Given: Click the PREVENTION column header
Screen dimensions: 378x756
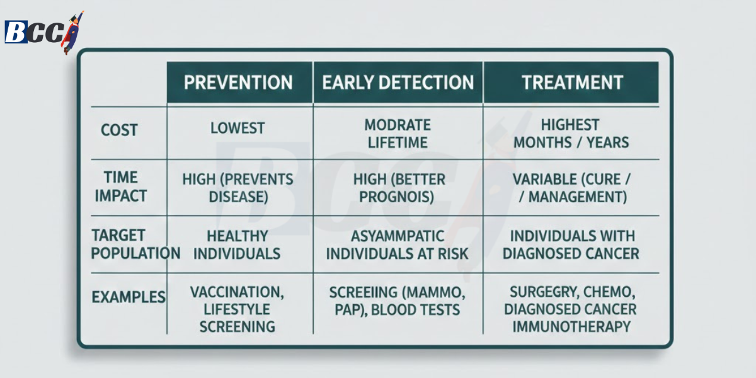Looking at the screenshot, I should pyautogui.click(x=238, y=83).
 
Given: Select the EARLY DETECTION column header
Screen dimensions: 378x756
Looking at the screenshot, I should pyautogui.click(x=398, y=83).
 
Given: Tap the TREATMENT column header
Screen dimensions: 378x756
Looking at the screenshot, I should pyautogui.click(x=572, y=83).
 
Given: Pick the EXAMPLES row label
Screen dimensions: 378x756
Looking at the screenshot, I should pyautogui.click(x=129, y=297).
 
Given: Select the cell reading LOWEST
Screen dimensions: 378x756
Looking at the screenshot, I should pyautogui.click(x=238, y=129).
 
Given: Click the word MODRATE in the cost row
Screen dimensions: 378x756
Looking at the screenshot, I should pyautogui.click(x=398, y=125).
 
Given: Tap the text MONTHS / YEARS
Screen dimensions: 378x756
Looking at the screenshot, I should pyautogui.click(x=571, y=142).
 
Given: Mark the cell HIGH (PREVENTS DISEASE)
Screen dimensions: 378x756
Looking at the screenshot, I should pyautogui.click(x=238, y=188).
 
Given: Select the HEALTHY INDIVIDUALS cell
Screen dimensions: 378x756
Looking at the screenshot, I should pyautogui.click(x=238, y=245).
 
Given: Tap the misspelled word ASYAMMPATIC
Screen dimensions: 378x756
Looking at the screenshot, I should pyautogui.click(x=398, y=236).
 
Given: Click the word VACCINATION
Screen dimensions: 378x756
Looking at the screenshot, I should pyautogui.click(x=237, y=292).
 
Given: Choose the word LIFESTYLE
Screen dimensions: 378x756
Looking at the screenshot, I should pyautogui.click(x=237, y=309).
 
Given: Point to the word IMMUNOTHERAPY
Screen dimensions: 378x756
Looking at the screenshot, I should pyautogui.click(x=571, y=326).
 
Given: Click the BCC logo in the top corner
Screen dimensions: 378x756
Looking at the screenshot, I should pyautogui.click(x=43, y=31).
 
